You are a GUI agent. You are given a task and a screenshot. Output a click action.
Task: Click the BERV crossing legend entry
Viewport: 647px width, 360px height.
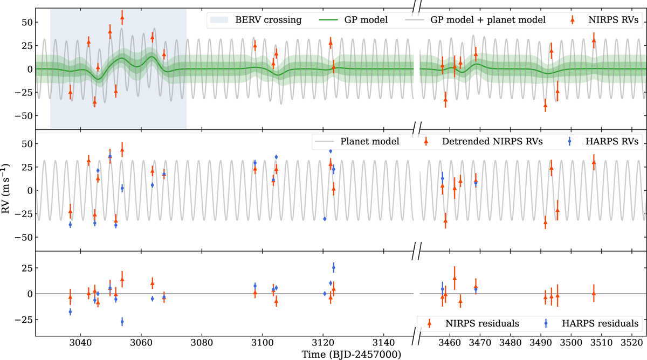pos(256,20)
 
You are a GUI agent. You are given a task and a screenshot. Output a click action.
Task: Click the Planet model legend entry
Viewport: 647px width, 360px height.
pos(357,141)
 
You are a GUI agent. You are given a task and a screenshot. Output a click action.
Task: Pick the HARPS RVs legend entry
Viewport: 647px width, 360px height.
pos(603,141)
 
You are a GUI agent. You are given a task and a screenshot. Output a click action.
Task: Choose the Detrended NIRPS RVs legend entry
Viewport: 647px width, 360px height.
pos(483,141)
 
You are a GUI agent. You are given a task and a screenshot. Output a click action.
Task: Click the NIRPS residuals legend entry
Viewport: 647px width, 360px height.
pos(472,323)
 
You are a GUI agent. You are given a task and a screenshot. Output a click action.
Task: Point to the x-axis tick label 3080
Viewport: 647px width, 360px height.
pos(202,343)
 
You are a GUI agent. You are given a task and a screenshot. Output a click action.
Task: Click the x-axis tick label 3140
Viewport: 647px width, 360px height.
pos(383,343)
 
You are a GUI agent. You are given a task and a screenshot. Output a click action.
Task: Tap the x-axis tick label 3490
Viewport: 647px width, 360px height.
pos(541,343)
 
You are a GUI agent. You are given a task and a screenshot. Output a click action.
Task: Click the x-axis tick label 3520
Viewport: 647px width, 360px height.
pos(632,343)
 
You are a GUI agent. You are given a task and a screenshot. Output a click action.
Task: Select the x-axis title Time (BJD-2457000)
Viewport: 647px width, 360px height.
pos(352,354)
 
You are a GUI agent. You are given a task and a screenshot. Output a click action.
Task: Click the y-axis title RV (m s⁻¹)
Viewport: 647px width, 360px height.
pos(6,189)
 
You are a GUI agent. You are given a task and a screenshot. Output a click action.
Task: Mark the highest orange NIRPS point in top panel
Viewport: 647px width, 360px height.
pos(122,18)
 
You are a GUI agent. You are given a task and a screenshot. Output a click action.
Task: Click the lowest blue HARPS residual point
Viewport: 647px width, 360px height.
pos(122,321)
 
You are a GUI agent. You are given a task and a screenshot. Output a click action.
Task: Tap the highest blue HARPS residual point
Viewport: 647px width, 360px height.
pos(334,268)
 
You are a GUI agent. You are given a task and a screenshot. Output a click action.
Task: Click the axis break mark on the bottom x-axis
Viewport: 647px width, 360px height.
pos(416,336)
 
